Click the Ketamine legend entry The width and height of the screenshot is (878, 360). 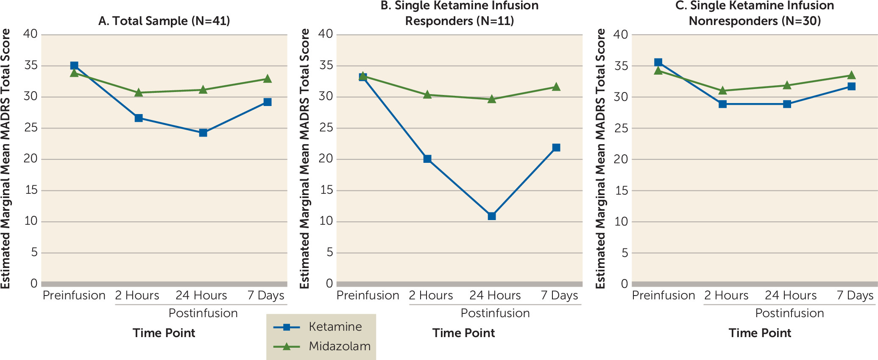(x=335, y=327)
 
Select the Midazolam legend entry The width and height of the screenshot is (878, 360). (x=339, y=346)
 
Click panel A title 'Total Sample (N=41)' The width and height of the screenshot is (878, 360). (x=164, y=21)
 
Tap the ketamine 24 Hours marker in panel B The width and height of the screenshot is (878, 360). (x=492, y=216)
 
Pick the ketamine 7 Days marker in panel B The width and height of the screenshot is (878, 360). (x=556, y=148)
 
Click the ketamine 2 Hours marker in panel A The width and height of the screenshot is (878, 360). (x=139, y=118)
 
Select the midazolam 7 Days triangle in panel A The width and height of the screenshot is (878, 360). (x=268, y=79)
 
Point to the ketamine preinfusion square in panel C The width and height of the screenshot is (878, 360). (x=658, y=62)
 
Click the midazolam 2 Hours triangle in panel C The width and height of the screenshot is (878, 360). (x=723, y=90)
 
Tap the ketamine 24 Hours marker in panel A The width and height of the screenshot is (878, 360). (x=203, y=133)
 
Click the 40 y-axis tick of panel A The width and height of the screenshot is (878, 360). (x=31, y=34)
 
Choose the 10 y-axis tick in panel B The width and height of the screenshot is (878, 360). (x=326, y=221)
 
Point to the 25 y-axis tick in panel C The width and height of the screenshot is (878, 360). (x=621, y=128)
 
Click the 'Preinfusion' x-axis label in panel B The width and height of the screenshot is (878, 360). (x=368, y=295)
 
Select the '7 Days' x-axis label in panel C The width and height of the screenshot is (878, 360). (x=855, y=295)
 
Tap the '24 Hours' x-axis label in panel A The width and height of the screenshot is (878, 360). (x=201, y=295)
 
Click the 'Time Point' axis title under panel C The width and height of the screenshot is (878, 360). (x=760, y=333)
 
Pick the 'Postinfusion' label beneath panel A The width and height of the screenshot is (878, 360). (x=203, y=313)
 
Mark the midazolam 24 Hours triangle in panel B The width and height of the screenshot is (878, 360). (x=492, y=99)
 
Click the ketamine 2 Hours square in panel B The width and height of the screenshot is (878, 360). (x=427, y=159)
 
